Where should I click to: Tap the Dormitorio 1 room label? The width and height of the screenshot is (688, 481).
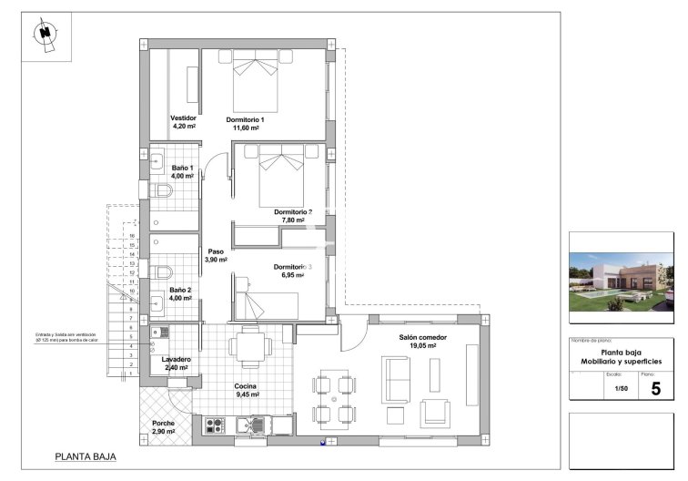pos(245,124)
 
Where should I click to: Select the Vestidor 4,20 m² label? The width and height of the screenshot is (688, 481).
pos(184,122)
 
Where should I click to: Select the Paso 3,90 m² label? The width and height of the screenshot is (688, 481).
pos(216,256)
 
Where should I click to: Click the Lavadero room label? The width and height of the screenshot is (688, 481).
pos(177,363)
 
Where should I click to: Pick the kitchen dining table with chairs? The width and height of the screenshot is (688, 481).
pos(248,347)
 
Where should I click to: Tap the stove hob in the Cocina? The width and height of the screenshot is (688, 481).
pos(215,425)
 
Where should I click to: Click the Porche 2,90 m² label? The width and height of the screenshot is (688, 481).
pos(164,426)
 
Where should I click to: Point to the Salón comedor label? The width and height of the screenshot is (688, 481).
pos(418,342)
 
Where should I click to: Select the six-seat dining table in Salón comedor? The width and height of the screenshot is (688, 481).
pos(334,398)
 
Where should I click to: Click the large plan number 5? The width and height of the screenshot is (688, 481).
pos(655,388)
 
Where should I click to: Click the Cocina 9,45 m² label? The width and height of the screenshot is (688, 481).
pos(248,391)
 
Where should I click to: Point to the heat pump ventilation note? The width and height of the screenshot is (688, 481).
pos(66,337)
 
